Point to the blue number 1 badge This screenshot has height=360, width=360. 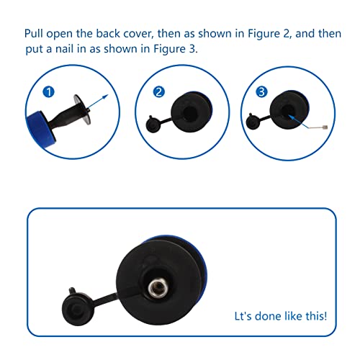click(48, 92)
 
